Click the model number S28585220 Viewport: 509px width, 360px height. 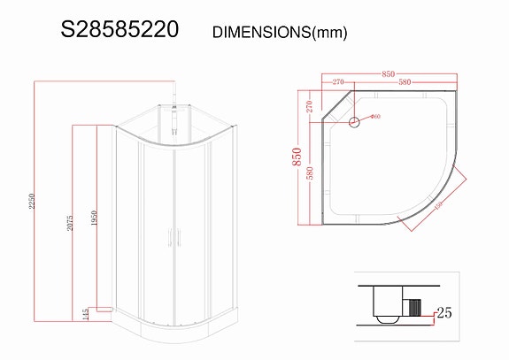coord(120,29)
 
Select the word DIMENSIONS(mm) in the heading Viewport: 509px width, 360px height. coord(280,32)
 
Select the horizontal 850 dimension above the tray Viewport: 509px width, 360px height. coord(388,73)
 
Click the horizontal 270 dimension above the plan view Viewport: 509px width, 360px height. coord(338,82)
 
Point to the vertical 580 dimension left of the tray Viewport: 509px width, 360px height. coord(310,173)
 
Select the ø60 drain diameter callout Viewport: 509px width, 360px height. coord(374,116)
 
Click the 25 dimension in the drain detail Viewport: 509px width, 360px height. coord(443,313)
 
